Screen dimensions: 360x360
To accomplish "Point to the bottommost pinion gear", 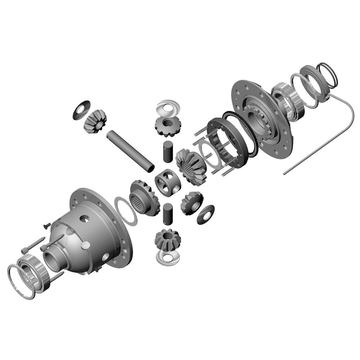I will pyautogui.click(x=167, y=239).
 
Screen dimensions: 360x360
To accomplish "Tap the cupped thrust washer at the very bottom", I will pyautogui.click(x=167, y=257).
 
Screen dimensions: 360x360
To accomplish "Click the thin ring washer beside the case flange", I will pyautogui.click(x=125, y=210).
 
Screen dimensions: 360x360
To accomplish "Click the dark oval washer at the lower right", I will pyautogui.click(x=206, y=215).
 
